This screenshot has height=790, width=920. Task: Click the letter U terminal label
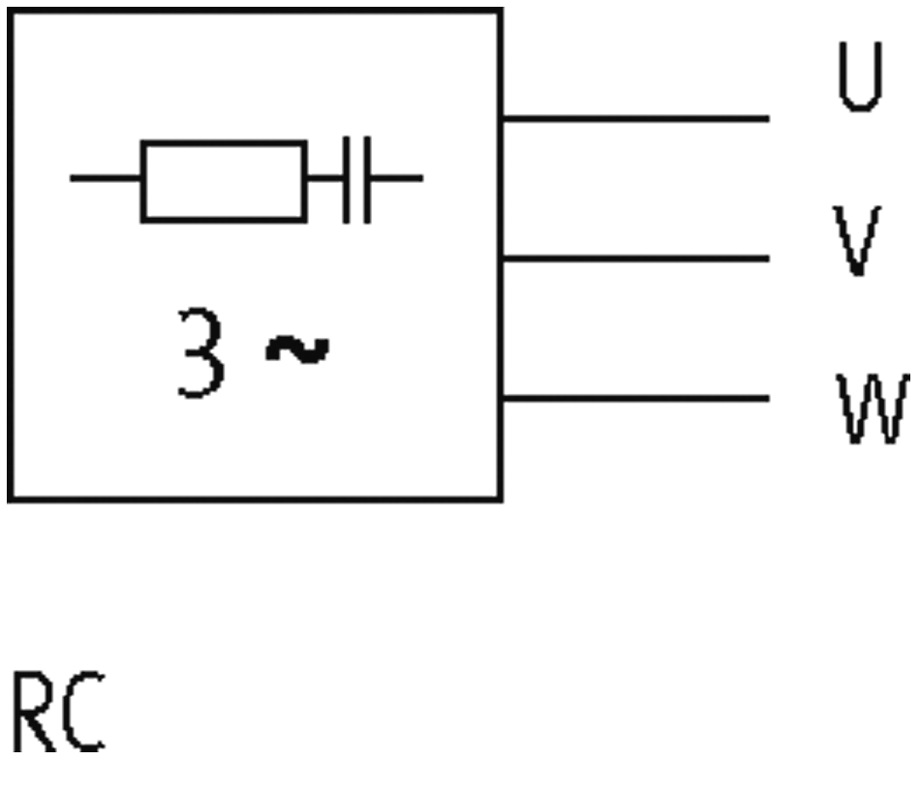860,76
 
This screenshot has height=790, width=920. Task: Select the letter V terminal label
857,240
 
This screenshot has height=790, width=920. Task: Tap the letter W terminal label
874,409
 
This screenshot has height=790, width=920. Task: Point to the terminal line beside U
636,119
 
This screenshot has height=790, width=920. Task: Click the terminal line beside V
636,258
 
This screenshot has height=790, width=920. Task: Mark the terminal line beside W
636,399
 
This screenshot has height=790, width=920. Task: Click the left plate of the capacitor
346,180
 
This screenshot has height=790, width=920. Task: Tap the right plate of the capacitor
367,180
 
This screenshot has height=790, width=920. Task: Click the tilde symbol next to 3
297,349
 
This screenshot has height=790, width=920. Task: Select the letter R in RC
34,712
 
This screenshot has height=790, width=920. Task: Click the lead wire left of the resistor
105,178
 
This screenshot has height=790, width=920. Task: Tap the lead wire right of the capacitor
397,178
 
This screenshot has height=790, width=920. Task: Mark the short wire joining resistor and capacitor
325,178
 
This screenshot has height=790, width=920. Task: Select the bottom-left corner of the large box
11,500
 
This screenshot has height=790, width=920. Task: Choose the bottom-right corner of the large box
500,500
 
